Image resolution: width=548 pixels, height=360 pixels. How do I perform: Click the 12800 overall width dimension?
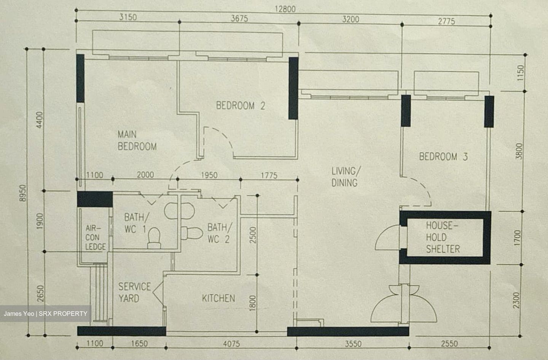coord(285,9)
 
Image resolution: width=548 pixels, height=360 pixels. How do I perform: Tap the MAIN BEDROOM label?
coord(137,140)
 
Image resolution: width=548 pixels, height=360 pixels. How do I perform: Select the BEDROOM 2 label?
coord(241,106)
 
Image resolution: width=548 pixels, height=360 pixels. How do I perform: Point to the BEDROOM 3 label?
coord(443,156)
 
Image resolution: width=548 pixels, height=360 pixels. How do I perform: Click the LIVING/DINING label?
coord(346,177)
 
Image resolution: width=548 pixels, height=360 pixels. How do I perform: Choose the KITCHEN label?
coord(218,298)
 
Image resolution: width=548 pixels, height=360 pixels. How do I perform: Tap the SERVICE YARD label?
coord(134,293)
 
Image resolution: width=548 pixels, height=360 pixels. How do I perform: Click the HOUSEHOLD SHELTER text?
coord(443,237)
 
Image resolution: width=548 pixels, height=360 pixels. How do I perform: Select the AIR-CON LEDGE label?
coord(96,237)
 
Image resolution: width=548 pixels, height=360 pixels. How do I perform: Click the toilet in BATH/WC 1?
coord(154,238)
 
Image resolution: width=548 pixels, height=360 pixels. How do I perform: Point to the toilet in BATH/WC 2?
coord(191,233)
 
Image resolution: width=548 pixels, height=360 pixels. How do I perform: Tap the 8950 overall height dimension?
coord(22,193)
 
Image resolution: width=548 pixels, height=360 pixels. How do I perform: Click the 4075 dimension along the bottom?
coord(231,344)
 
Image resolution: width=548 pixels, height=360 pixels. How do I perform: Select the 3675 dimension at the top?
coord(239,18)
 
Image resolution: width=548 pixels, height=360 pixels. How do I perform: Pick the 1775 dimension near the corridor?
coord(269,175)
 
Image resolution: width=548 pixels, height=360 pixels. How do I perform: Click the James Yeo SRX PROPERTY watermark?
coord(46,314)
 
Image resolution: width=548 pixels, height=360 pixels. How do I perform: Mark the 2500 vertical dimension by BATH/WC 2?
coord(253,235)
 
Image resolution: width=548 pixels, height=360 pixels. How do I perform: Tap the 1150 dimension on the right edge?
coord(521,73)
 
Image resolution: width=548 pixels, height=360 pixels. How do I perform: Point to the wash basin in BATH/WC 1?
coord(179,211)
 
